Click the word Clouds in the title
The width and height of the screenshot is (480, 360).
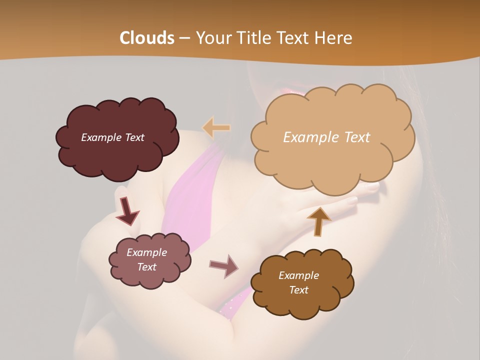[x=146, y=38]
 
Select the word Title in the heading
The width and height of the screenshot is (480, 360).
[x=250, y=38]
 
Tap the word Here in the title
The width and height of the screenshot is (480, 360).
[x=333, y=38]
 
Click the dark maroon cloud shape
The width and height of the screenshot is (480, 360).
[x=117, y=155]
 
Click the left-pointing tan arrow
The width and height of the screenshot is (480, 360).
[x=216, y=127]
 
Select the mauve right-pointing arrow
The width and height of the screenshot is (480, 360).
[x=224, y=265]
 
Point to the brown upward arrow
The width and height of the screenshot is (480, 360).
[x=318, y=220]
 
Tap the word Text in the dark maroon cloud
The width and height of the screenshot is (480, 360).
[x=133, y=137]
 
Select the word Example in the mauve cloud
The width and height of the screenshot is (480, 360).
[x=147, y=252]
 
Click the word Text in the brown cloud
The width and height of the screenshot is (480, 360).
[x=298, y=290]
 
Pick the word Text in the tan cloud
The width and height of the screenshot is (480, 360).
[x=357, y=137]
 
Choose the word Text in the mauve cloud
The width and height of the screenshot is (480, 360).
[x=147, y=267]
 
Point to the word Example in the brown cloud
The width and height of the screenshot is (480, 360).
[x=298, y=275]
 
